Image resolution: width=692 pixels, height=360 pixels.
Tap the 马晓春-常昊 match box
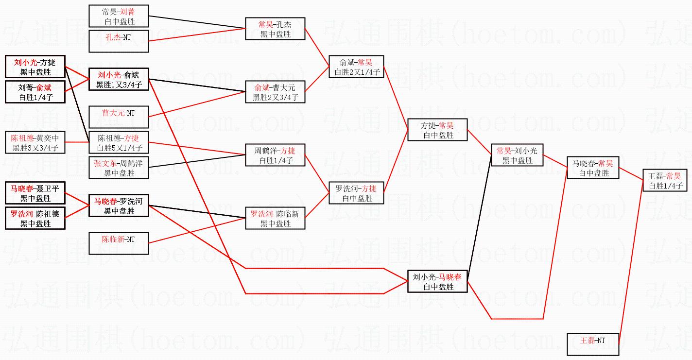pyautogui.click(x=592, y=168)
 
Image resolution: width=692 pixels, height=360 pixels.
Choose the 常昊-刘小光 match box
pyautogui.click(x=517, y=155)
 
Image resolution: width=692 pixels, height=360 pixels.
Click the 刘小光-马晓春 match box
pyautogui.click(x=437, y=281)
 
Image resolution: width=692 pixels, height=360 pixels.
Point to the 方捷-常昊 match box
pyautogui.click(x=437, y=130)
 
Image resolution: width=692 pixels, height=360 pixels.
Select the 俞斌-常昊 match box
pyautogui.click(x=356, y=67)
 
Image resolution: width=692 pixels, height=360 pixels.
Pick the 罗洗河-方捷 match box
pyautogui.click(x=356, y=193)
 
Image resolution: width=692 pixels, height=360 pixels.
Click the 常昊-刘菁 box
pyautogui.click(x=119, y=17)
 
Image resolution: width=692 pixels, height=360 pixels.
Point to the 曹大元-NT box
pyautogui.click(x=119, y=118)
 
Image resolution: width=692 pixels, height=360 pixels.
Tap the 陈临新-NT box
pyautogui.click(x=119, y=243)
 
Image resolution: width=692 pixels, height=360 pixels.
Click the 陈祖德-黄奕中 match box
pyautogui.click(x=35, y=143)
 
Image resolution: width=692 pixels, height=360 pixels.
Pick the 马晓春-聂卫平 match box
pyautogui.click(x=35, y=193)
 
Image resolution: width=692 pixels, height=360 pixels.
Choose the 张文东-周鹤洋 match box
pyautogui.click(x=119, y=168)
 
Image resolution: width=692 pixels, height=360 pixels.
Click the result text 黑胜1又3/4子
pyautogui.click(x=119, y=86)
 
